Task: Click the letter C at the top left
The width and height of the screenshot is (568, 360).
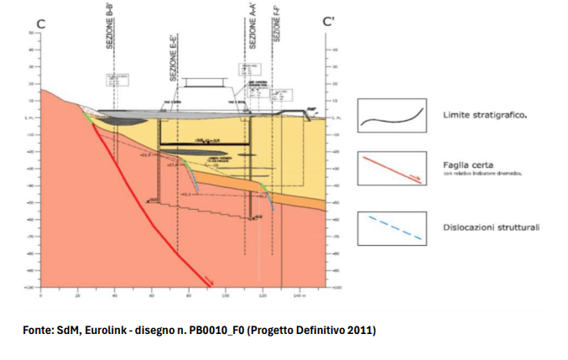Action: click(41, 24)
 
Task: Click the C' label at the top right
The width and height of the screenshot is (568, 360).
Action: click(330, 23)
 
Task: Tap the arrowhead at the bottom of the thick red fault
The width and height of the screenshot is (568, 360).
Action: click(209, 283)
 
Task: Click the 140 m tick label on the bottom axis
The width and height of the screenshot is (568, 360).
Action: click(297, 296)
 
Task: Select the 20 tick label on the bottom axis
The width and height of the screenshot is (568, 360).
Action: click(78, 296)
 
